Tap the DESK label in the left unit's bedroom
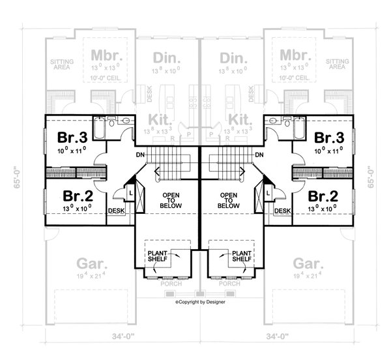click(116, 211)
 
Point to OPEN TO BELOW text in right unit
click(228, 200)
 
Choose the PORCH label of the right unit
click(229, 284)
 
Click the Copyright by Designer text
click(199, 303)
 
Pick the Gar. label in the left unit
click(88, 264)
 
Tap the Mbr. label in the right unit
click(293, 53)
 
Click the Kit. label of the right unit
click(240, 119)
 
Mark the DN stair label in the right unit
click(259, 155)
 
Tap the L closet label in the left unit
click(130, 194)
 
